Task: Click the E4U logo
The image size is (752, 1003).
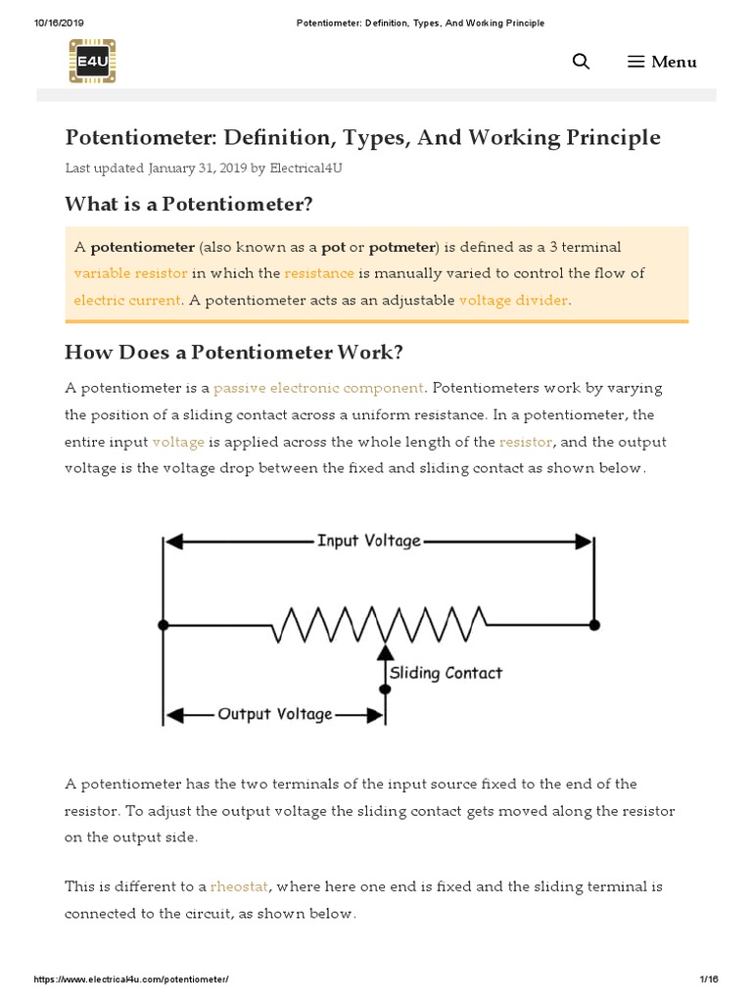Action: (92, 61)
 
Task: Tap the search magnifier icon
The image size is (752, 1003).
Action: (581, 62)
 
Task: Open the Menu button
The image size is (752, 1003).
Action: (662, 62)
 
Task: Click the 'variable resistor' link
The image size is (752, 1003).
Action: (130, 273)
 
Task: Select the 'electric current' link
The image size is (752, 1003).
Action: (127, 300)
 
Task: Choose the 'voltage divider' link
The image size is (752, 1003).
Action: (513, 300)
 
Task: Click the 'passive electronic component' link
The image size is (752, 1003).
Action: (318, 388)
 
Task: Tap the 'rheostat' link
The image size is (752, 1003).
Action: (239, 886)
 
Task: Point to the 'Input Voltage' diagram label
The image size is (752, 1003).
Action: (368, 541)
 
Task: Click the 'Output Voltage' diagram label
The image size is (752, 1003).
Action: (274, 714)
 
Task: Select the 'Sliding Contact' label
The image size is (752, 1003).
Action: (446, 673)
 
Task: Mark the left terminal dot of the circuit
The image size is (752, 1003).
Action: (163, 624)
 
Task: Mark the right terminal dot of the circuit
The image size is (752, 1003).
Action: (594, 624)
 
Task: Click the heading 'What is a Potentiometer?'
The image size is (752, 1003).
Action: (188, 204)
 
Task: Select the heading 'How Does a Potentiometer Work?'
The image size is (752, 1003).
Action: (233, 352)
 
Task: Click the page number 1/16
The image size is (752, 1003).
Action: (709, 979)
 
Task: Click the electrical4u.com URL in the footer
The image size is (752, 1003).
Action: (131, 979)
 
